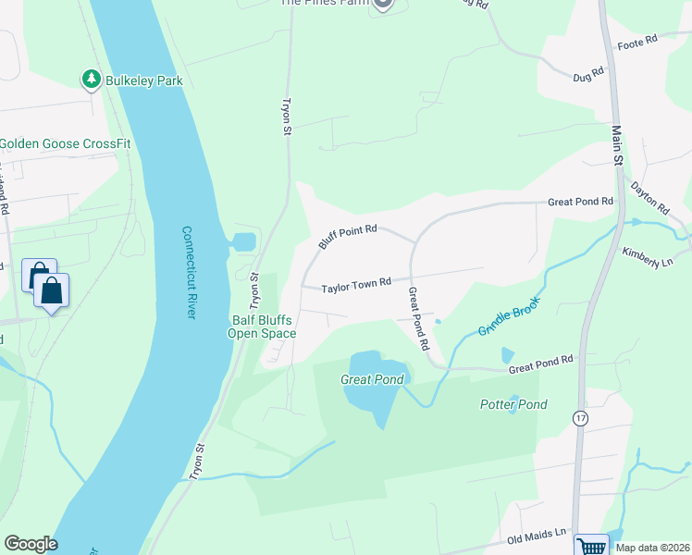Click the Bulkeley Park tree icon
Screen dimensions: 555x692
tap(91, 80)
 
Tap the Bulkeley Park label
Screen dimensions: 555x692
tap(143, 80)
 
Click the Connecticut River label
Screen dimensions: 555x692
tap(189, 273)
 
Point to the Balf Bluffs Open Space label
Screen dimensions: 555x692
tap(263, 327)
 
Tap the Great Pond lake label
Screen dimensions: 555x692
tap(372, 379)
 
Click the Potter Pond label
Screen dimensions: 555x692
tap(513, 404)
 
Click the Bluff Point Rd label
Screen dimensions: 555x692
tap(348, 237)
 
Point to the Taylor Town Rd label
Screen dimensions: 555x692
tap(356, 288)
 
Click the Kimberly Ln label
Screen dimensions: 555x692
tap(647, 256)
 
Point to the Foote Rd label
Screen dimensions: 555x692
tap(636, 42)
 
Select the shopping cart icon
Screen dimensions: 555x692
tap(591, 546)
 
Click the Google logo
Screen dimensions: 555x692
tap(31, 544)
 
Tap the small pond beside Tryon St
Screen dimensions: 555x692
tap(243, 242)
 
